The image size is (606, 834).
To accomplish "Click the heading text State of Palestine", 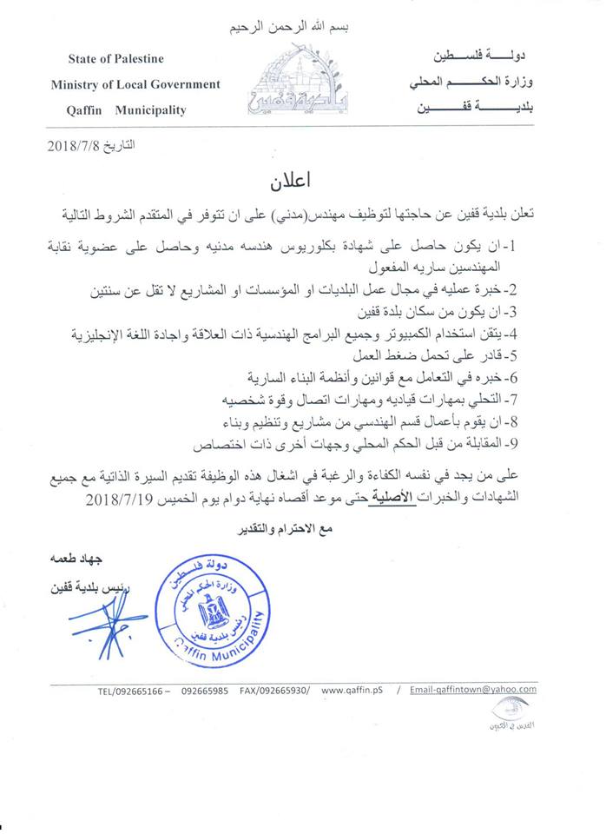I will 115,59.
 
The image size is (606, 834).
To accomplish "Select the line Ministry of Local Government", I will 135,84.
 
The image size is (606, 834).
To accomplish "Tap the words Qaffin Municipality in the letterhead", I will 126,110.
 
